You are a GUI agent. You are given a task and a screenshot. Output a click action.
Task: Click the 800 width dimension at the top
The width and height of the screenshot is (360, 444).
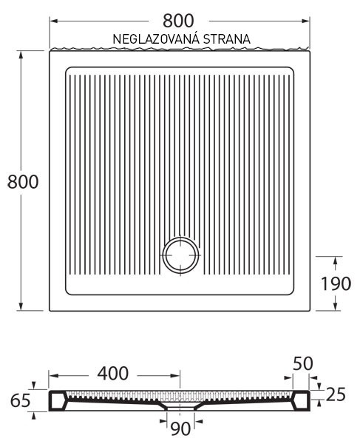pyautogui.click(x=178, y=21)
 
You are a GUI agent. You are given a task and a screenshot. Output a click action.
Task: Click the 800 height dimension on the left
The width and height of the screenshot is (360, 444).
pyautogui.click(x=23, y=182)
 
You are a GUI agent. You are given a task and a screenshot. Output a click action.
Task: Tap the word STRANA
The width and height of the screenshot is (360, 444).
pyautogui.click(x=226, y=39)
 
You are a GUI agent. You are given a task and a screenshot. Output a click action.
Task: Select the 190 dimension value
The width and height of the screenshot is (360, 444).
pyautogui.click(x=336, y=283)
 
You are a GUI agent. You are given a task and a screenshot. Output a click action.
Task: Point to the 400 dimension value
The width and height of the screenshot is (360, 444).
pyautogui.click(x=113, y=373)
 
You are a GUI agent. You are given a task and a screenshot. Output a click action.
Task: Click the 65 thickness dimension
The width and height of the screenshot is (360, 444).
pyautogui.click(x=21, y=400)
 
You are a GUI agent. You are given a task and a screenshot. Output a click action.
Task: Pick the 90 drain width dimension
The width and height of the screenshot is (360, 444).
pyautogui.click(x=180, y=428)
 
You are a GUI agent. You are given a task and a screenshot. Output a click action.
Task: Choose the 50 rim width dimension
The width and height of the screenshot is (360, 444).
pyautogui.click(x=303, y=363)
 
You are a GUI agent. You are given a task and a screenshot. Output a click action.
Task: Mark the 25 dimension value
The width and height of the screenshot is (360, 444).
pyautogui.click(x=336, y=394)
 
